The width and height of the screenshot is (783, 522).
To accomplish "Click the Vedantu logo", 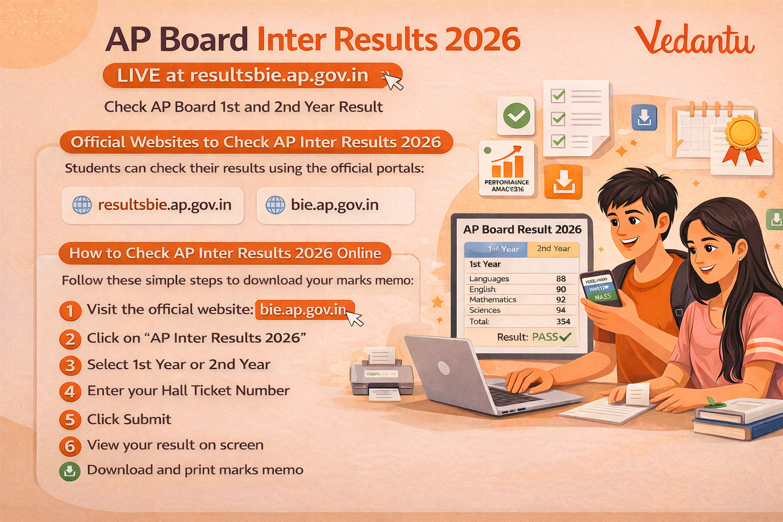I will (694, 39).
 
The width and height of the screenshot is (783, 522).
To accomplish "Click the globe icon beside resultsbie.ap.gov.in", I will (82, 205).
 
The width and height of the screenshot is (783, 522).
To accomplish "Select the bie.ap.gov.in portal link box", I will (335, 205).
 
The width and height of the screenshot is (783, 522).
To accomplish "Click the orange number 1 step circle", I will (70, 310).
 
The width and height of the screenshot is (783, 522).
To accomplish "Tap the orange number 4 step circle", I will (70, 391).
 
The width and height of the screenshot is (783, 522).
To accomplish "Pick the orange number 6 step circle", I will (70, 446).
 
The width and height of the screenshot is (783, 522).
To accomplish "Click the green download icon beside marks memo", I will (70, 471).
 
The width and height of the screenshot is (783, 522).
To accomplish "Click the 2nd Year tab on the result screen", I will (553, 249).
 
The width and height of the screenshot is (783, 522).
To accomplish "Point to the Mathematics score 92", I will (561, 300).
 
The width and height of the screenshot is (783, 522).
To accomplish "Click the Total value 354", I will (563, 322).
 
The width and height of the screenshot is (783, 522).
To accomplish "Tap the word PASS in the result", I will (545, 337).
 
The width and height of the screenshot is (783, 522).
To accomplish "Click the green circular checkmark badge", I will (516, 116).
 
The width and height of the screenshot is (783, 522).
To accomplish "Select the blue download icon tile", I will (644, 117).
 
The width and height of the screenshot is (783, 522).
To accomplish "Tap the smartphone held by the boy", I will (602, 288).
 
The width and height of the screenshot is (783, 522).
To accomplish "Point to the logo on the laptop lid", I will (444, 368).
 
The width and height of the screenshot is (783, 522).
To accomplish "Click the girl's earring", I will (740, 258).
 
